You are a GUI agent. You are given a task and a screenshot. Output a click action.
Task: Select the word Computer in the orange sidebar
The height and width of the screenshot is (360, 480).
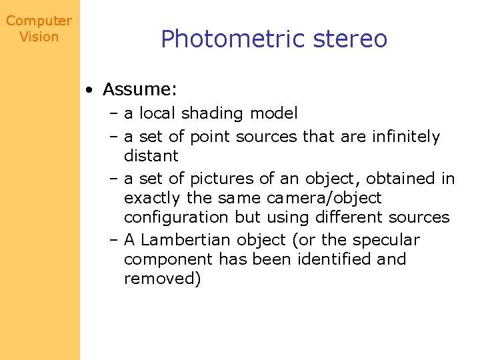(x=39, y=21)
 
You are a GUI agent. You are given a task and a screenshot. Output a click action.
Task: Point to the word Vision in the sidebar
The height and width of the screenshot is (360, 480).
(x=39, y=37)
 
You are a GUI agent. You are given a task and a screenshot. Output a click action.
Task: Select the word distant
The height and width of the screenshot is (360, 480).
(x=151, y=156)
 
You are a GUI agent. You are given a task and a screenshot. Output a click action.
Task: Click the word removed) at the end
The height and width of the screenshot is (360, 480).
(x=162, y=279)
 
